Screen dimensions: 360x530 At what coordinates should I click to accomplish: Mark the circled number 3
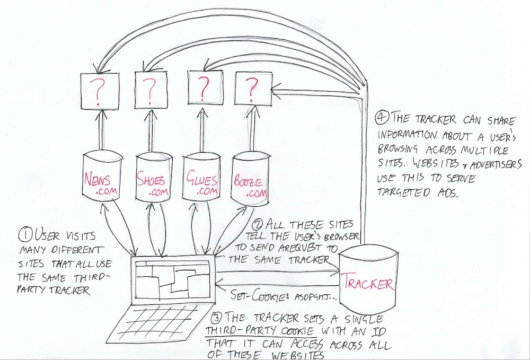216,318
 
